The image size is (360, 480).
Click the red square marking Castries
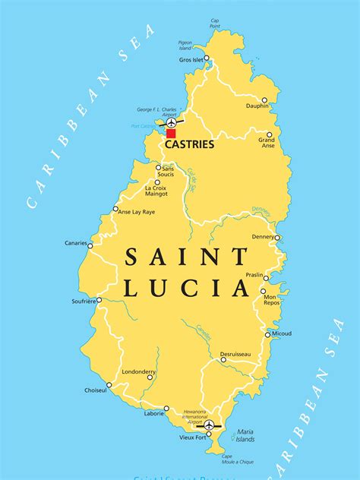[171, 133]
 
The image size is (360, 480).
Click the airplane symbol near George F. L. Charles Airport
[172, 122]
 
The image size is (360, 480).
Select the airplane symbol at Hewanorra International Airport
[209, 425]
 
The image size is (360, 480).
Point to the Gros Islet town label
[190, 59]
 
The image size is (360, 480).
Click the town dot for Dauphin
[265, 99]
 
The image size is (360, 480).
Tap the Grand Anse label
[267, 143]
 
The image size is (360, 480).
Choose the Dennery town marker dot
[277, 238]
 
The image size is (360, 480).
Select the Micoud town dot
[267, 334]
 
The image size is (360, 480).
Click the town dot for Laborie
[166, 409]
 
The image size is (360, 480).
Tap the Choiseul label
[96, 390]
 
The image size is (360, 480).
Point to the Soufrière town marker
[101, 301]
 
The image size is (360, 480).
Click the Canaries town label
[75, 244]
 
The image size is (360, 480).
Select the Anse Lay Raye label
[138, 212]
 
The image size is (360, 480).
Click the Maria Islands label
[245, 435]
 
